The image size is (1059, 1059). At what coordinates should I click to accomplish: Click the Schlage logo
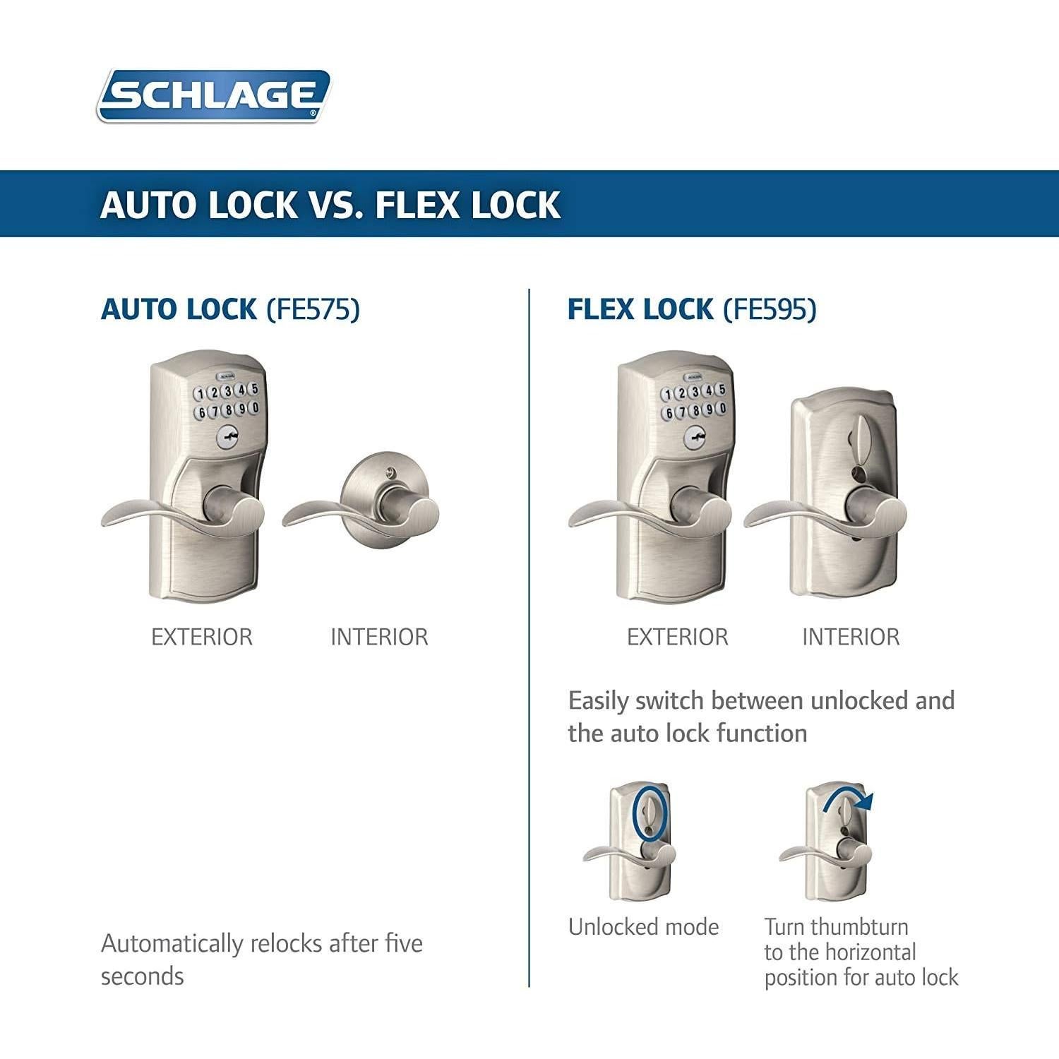click(x=213, y=95)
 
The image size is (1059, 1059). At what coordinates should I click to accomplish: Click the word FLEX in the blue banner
click(x=417, y=205)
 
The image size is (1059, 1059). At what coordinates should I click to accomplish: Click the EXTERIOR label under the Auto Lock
click(x=202, y=637)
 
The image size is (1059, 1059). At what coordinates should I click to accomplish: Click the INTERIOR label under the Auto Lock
click(x=379, y=637)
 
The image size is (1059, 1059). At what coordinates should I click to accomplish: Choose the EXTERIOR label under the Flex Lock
click(x=677, y=637)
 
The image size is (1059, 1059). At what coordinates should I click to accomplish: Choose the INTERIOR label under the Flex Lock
click(x=851, y=637)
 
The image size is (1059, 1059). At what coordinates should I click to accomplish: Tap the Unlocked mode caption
click(x=643, y=926)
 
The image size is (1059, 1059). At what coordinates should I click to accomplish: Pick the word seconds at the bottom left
click(x=142, y=976)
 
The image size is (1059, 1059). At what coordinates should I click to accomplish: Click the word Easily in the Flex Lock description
click(x=598, y=701)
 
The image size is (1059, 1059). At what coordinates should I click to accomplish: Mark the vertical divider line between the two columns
click(x=529, y=635)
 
